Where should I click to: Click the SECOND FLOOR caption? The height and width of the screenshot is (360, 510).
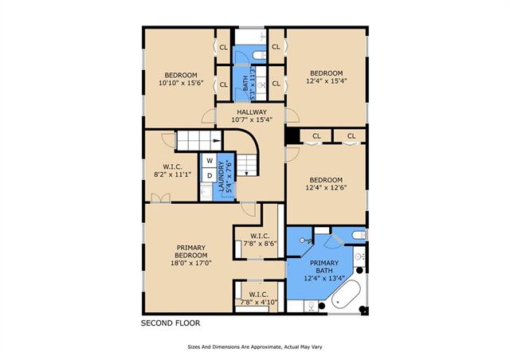tap(171, 323)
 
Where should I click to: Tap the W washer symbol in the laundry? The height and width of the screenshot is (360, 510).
tap(210, 160)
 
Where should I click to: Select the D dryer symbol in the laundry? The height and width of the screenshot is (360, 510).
tap(210, 175)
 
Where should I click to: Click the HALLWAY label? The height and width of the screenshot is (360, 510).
tap(252, 112)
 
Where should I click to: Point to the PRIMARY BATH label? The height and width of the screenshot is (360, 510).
tap(324, 267)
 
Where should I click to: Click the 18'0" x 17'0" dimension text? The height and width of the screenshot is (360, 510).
tap(191, 263)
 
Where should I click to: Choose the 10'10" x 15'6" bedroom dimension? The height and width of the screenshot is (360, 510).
tap(181, 83)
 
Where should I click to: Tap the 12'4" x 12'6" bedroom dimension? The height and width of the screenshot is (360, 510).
tap(326, 187)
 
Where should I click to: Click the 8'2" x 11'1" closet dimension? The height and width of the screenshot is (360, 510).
tap(172, 174)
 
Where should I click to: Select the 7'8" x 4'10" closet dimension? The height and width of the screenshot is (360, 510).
tap(259, 302)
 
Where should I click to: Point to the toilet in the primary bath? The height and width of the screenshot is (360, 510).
tap(360, 234)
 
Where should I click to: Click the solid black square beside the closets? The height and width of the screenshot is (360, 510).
tap(292, 136)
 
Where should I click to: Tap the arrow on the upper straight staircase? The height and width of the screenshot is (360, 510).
tap(217, 140)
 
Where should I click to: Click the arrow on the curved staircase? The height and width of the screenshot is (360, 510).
tap(246, 173)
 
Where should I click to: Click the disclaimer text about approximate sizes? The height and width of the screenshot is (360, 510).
tap(255, 347)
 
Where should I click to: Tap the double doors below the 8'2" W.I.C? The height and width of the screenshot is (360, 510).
tap(160, 198)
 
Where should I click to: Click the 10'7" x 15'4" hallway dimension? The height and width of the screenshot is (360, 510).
tap(252, 119)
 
